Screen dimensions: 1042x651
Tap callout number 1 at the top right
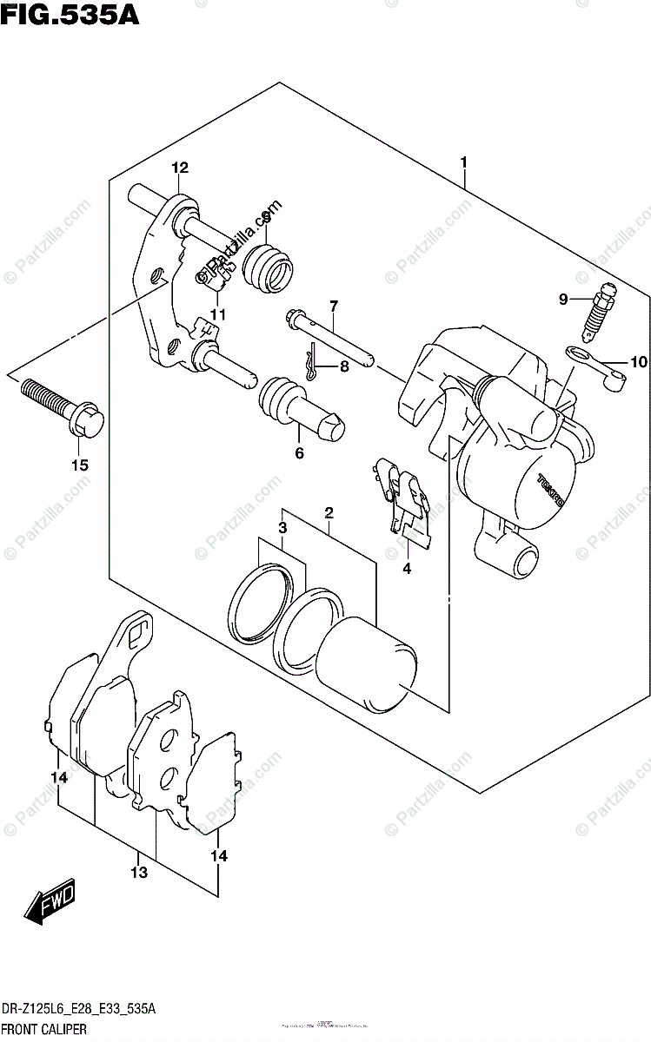point(465,162)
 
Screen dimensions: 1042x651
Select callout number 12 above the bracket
point(180,168)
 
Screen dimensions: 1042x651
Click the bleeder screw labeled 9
point(599,311)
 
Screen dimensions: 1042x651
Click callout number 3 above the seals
point(282,529)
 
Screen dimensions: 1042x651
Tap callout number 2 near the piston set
point(329,512)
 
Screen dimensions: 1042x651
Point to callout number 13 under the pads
point(140,872)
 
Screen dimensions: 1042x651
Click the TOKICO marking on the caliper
point(551,490)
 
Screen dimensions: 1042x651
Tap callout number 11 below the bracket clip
point(216,314)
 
